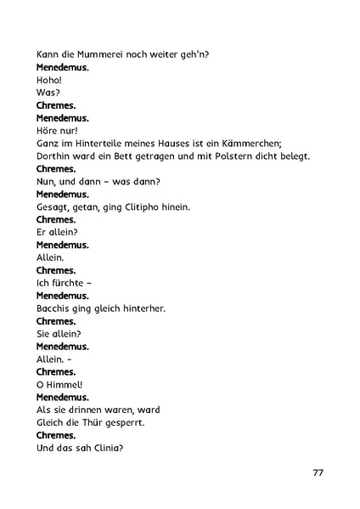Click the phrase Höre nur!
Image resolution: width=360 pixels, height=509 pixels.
coord(58,130)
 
